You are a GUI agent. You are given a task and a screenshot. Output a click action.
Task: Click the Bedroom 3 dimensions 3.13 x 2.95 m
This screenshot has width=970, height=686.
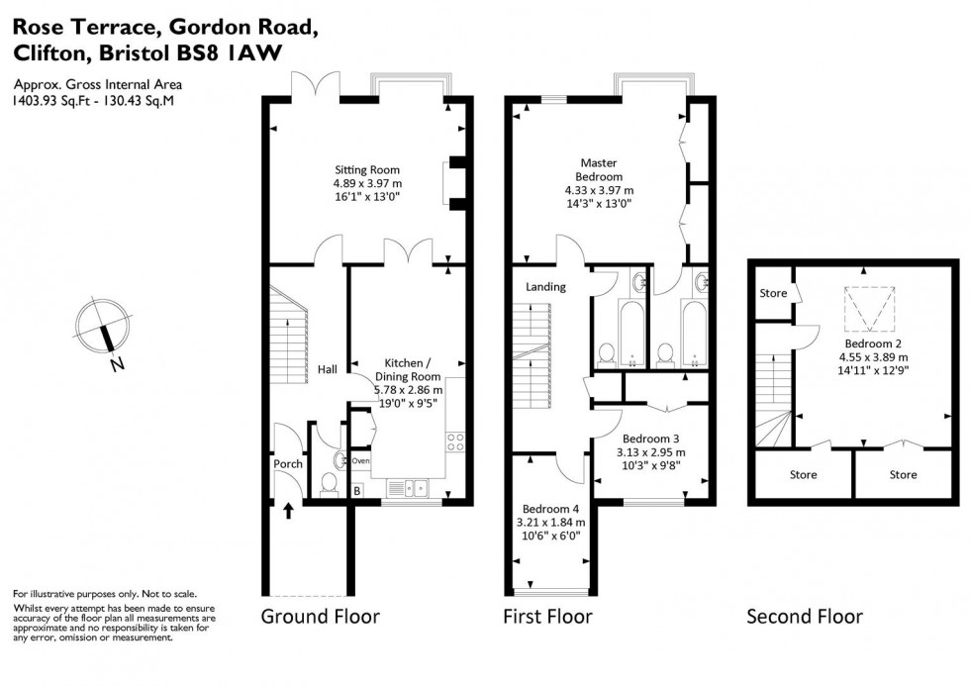(649, 452)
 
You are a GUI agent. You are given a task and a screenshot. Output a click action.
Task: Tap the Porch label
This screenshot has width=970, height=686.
(288, 463)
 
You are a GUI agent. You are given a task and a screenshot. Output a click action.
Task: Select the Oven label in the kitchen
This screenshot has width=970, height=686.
(360, 460)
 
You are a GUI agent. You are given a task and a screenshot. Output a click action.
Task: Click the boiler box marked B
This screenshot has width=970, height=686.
(357, 490)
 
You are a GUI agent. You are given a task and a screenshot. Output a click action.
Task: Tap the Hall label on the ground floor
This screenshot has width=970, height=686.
(328, 369)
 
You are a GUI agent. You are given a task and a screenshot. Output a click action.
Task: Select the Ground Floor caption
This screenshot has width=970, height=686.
(320, 617)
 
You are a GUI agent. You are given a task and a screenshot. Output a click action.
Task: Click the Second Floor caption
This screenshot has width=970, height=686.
(804, 617)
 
